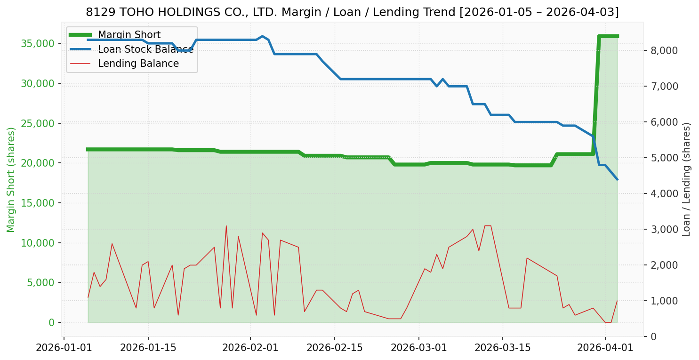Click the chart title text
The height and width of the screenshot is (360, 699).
click(352, 12)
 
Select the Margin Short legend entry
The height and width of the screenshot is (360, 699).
click(129, 35)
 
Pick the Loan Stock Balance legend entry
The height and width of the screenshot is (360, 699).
click(145, 49)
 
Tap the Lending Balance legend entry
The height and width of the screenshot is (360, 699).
click(138, 64)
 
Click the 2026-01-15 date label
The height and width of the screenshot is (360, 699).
click(148, 348)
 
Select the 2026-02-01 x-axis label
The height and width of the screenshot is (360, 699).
click(250, 348)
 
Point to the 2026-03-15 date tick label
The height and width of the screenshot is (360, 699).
click(502, 348)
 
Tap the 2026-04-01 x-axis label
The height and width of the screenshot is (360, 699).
click(605, 348)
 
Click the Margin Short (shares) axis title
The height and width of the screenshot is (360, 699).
click(11, 180)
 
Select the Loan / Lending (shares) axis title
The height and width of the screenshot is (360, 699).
click(687, 180)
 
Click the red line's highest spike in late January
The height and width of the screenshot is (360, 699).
click(226, 226)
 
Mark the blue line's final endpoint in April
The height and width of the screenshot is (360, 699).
click(617, 179)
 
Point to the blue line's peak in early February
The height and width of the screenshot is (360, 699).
click(262, 36)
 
